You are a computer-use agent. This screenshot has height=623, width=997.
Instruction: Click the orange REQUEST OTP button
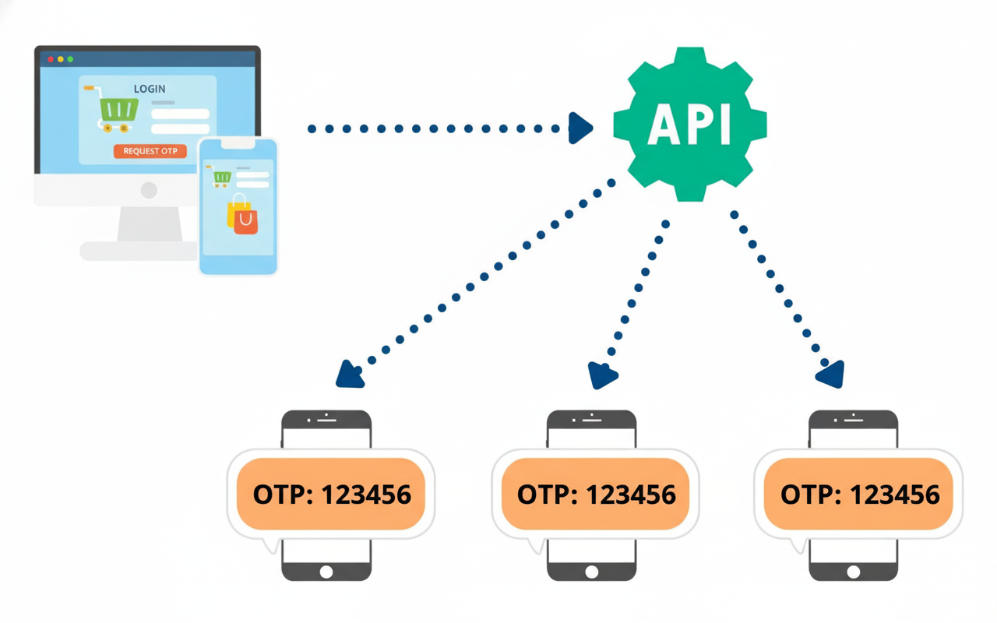click(x=150, y=151)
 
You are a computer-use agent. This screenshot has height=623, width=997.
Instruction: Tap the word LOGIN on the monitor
click(x=150, y=89)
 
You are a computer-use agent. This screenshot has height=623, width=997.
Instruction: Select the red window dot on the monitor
click(x=51, y=59)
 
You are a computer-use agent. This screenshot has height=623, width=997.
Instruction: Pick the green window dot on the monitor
click(x=70, y=59)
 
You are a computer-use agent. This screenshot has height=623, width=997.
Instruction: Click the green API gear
click(x=690, y=125)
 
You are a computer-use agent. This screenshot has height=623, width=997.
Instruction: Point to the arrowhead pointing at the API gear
click(x=580, y=128)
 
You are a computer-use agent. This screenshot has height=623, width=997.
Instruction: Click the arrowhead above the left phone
click(x=350, y=375)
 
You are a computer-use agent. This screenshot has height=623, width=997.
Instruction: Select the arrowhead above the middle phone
click(x=602, y=375)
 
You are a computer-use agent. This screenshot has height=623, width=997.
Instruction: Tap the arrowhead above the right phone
click(x=831, y=375)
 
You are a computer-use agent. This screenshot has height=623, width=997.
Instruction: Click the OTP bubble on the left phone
click(x=331, y=495)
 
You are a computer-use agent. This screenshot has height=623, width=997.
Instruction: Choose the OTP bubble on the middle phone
click(x=596, y=495)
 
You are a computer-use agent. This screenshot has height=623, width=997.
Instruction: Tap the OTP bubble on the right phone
click(x=858, y=495)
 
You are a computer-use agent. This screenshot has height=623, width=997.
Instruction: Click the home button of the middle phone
click(x=591, y=572)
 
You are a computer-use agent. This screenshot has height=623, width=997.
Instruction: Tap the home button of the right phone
click(x=853, y=572)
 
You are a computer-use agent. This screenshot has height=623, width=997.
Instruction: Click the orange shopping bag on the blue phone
click(x=245, y=220)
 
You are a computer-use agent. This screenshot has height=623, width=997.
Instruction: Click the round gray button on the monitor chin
click(x=149, y=191)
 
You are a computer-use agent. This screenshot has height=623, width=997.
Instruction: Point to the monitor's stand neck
click(x=150, y=224)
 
